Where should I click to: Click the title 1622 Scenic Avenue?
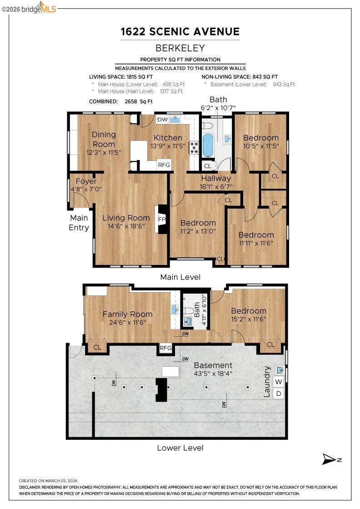point(180,31)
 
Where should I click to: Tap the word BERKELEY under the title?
point(180,48)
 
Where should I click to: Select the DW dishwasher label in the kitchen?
point(162,120)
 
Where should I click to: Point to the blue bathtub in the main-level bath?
point(208,145)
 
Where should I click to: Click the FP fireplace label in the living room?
point(161,219)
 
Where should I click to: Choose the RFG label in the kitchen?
point(164,165)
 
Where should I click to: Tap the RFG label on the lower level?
point(165,348)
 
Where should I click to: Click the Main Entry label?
point(79,223)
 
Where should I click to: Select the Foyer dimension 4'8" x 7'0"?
point(86,189)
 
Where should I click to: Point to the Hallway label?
point(216,179)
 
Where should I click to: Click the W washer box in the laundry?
point(279,381)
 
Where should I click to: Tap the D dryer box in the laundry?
point(279,393)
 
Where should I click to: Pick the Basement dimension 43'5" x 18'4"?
point(213,374)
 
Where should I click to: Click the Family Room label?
point(127,314)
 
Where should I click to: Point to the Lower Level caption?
point(180,448)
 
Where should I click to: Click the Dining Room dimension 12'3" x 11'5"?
point(104,153)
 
